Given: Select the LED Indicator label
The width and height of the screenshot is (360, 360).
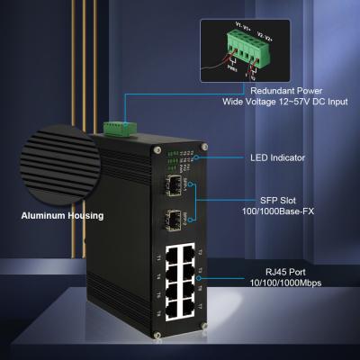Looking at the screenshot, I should coord(276,157).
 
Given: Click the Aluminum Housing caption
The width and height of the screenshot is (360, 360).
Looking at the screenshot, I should coord(63,216).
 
